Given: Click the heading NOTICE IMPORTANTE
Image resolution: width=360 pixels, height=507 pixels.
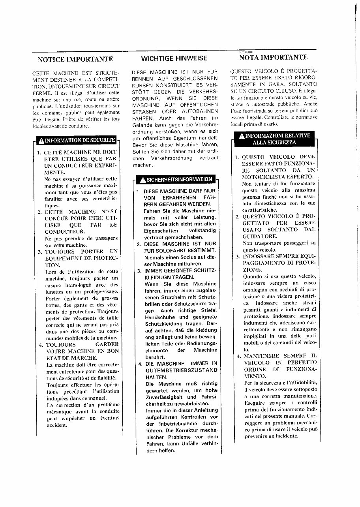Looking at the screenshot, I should (x=75, y=60).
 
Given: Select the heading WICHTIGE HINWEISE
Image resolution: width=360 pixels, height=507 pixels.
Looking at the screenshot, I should (x=174, y=58).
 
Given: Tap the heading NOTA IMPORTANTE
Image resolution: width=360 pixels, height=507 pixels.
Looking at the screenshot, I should (x=273, y=57).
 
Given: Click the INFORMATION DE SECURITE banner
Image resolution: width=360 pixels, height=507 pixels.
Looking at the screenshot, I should (x=77, y=140).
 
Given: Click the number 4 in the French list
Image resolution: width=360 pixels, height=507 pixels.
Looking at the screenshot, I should (x=40, y=345).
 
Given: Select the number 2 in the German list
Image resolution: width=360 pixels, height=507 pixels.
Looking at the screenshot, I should (x=139, y=244).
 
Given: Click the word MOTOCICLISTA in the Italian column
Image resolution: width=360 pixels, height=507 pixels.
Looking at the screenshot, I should (x=262, y=177).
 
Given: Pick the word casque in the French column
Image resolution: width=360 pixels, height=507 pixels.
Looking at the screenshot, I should (x=54, y=285).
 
